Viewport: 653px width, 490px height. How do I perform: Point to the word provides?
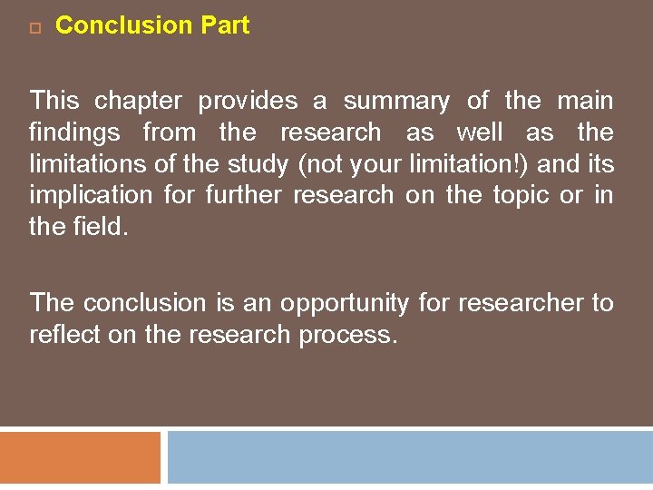pyautogui.click(x=248, y=102)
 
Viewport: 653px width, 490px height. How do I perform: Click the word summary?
pyautogui.click(x=396, y=102)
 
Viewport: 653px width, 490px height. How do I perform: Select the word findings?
pyautogui.click(x=74, y=133)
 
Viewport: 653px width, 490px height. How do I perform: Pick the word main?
pyautogui.click(x=585, y=102)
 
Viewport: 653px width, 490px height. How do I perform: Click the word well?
pyautogui.click(x=480, y=133)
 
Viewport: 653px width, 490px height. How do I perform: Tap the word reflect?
pyautogui.click(x=61, y=335)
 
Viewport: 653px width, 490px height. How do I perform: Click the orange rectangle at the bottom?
pyautogui.click(x=80, y=459)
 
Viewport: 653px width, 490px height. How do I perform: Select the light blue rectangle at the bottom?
pyautogui.click(x=409, y=459)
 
